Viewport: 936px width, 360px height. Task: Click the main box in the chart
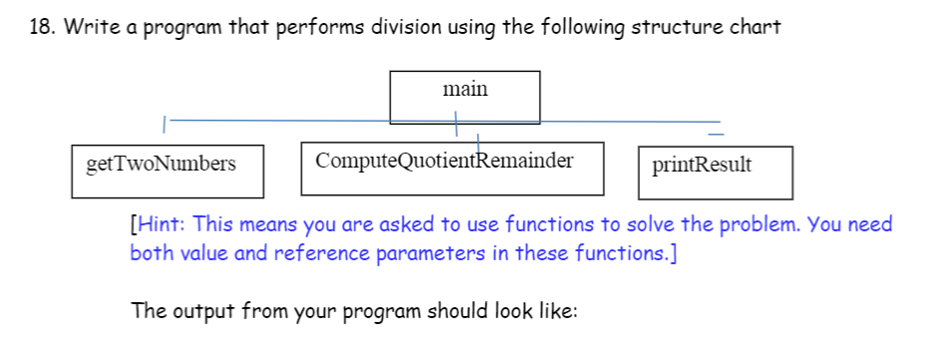[x=465, y=96]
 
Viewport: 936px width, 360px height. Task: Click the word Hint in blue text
[x=162, y=224]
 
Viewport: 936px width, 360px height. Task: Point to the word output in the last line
[x=203, y=310]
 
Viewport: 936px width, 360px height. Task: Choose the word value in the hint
[x=206, y=252]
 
